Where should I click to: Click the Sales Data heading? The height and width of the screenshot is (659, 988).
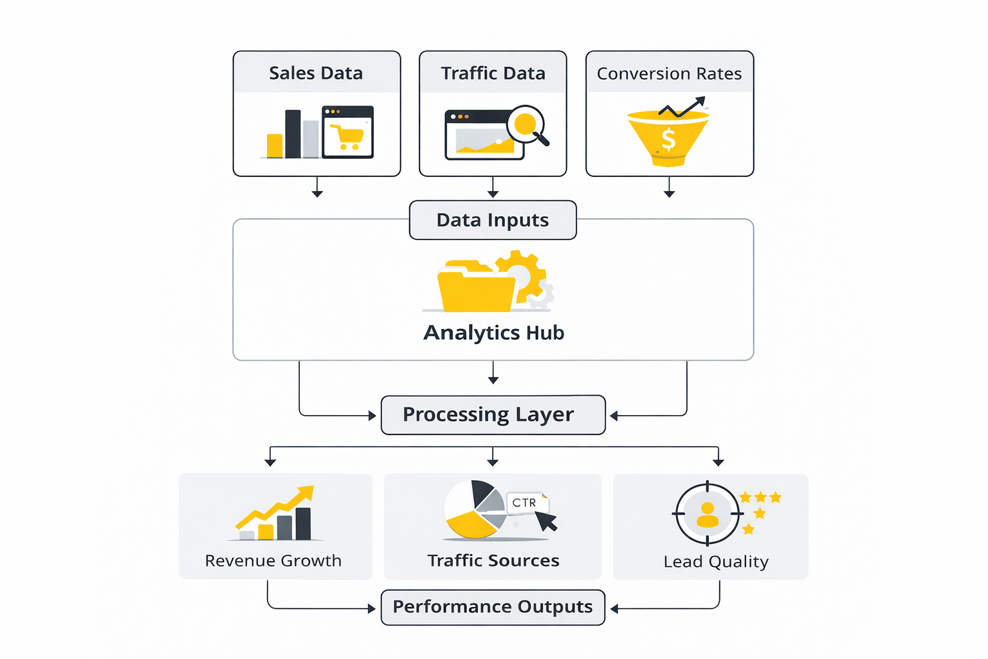(x=316, y=73)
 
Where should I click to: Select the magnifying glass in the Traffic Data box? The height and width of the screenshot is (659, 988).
(x=527, y=124)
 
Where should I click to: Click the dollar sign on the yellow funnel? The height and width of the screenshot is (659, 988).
(x=669, y=138)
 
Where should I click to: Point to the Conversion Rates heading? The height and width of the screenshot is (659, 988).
(x=669, y=74)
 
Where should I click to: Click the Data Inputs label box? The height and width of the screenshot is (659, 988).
(x=493, y=220)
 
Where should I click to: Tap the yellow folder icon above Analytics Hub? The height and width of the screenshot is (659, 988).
(x=476, y=288)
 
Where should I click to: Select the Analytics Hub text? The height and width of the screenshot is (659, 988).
(x=493, y=333)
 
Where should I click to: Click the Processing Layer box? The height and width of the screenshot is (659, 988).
(x=493, y=415)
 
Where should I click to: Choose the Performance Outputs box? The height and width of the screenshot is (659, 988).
(x=493, y=607)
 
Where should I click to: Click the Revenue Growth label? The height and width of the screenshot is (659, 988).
(x=273, y=561)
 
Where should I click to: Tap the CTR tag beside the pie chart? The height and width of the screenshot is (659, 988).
(x=525, y=503)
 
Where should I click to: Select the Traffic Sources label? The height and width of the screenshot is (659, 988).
(x=493, y=561)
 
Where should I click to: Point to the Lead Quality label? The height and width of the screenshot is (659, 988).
(x=716, y=562)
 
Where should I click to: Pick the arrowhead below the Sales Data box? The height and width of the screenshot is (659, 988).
(x=317, y=193)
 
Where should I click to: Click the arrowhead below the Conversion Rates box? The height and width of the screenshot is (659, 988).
(x=670, y=193)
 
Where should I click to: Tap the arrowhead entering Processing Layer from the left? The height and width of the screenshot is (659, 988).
(x=372, y=416)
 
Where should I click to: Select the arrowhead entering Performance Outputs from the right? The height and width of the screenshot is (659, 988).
(x=614, y=609)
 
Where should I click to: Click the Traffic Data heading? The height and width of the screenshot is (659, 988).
(x=493, y=73)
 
